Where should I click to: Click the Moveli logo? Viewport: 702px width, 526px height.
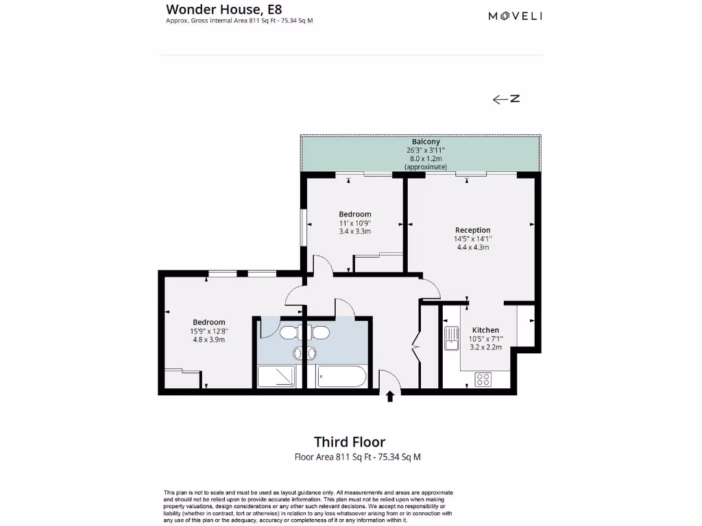[515, 16]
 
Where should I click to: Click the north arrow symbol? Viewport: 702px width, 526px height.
[506, 99]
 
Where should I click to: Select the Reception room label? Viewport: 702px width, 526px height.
[472, 230]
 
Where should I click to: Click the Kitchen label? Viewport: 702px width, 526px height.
[485, 330]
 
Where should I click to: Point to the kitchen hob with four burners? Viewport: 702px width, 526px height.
[483, 378]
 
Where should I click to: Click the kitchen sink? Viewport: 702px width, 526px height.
[451, 338]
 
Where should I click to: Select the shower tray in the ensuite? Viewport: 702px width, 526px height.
[277, 377]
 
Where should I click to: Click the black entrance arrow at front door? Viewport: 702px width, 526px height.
[390, 396]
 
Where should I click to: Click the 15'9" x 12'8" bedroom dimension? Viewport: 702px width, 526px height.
[208, 331]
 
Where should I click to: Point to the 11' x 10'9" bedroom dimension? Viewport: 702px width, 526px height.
[354, 223]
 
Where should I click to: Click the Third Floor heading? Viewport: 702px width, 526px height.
[350, 442]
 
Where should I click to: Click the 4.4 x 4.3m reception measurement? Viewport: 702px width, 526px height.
[472, 247]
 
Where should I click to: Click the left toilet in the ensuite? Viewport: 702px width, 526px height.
[288, 332]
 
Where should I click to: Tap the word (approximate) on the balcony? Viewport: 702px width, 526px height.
[426, 166]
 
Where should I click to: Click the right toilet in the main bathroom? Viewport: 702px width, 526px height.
[320, 332]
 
